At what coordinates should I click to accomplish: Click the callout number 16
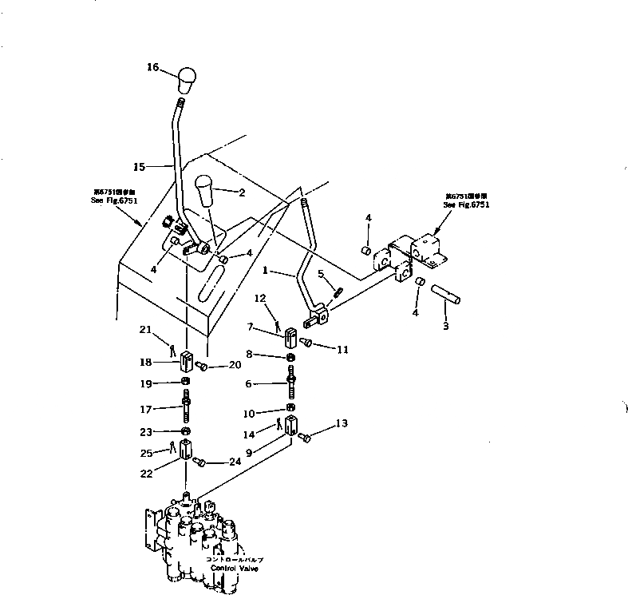point(152,67)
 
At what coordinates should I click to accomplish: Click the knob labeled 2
point(206,192)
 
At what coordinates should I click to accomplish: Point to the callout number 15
point(138,167)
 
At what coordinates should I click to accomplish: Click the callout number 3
point(446,327)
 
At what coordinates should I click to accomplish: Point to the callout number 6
point(249,384)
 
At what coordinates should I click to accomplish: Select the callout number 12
point(260,298)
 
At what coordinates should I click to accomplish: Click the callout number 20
point(234,366)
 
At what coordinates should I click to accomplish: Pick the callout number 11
point(343,349)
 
